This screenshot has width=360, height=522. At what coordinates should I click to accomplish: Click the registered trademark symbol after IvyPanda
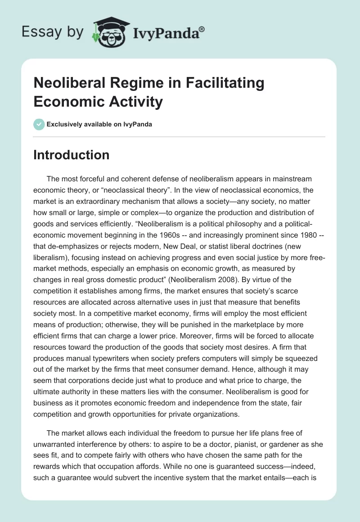(202, 29)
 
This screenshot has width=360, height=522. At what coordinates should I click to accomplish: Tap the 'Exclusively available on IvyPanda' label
(99, 124)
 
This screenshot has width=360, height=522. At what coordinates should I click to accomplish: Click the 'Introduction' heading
(72, 155)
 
